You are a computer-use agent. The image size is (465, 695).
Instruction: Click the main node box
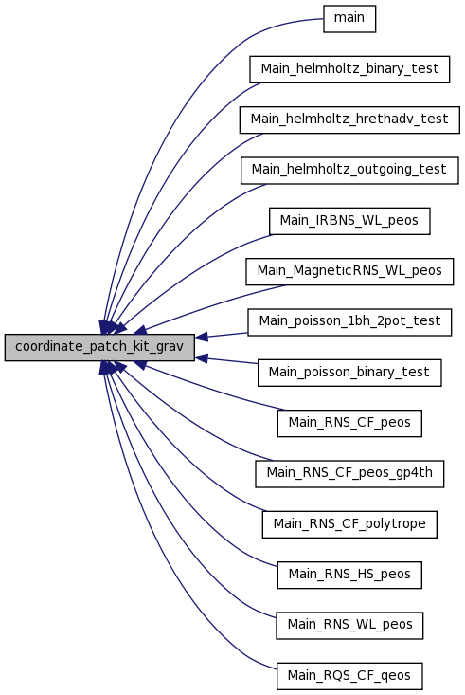pos(349,19)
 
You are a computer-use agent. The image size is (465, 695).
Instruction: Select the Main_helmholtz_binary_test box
pos(349,69)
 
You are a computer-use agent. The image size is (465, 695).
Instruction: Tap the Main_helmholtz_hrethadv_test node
pos(349,119)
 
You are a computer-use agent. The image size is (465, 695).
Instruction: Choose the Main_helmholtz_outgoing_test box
pos(349,171)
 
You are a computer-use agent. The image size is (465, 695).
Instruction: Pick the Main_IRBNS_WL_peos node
pos(349,221)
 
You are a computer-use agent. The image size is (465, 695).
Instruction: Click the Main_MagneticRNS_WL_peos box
pos(349,272)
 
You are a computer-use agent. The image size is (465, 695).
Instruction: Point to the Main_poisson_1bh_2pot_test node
pos(349,322)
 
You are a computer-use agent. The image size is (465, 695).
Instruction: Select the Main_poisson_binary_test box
pos(349,373)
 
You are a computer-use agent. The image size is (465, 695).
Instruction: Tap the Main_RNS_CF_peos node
pos(349,423)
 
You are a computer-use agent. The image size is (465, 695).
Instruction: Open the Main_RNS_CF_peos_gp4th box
pos(349,474)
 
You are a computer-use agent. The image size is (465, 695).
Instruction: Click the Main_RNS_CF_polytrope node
pos(349,524)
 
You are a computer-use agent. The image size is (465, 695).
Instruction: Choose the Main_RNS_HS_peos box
pos(349,575)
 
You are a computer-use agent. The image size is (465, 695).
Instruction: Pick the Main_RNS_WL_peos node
pos(349,626)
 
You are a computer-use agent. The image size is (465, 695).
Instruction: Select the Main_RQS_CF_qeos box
pos(349,676)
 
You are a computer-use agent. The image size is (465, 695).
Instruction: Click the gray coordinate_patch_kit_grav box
pos(99,347)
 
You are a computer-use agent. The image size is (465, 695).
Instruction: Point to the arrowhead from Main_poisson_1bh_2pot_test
pos(201,338)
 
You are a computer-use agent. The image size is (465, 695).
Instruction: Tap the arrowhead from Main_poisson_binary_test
pos(201,357)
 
